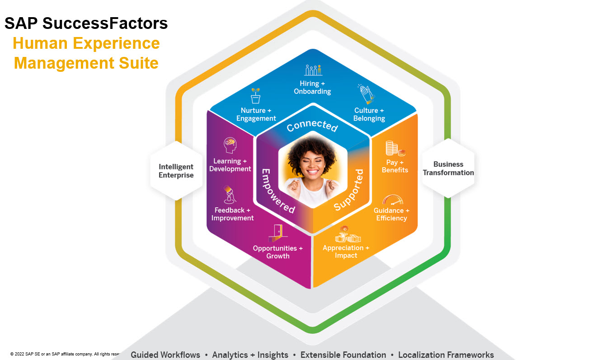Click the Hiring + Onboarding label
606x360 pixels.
312,88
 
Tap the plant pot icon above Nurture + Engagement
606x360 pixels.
256,96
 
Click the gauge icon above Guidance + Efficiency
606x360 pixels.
392,199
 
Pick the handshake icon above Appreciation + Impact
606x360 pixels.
348,234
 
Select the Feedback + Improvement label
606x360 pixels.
233,214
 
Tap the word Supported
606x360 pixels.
348,190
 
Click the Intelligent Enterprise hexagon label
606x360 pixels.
176,171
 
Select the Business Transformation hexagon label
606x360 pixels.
448,168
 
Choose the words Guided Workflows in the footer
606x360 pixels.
165,355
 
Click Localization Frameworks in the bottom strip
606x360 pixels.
446,355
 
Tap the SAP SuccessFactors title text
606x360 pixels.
86,23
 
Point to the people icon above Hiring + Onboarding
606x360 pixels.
313,70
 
